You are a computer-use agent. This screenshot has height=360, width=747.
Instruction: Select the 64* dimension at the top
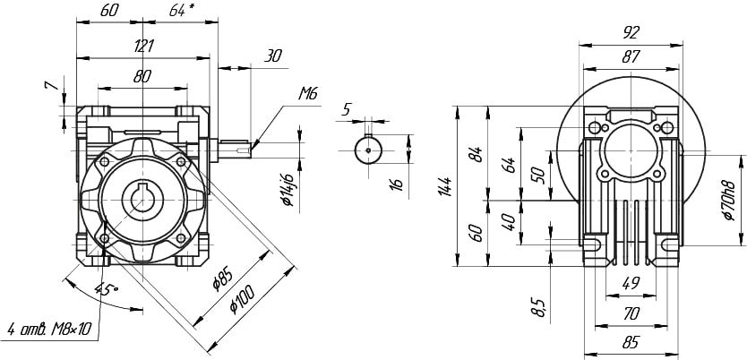click(x=181, y=12)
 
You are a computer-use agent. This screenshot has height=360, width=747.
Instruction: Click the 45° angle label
click(x=107, y=289)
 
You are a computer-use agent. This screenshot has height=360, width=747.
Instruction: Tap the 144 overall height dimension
click(x=444, y=185)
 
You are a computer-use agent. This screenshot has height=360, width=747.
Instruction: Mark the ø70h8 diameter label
click(x=728, y=200)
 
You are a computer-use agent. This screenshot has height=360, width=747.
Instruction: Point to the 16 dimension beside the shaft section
click(x=397, y=184)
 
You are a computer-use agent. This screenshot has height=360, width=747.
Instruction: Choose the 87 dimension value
click(x=630, y=56)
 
